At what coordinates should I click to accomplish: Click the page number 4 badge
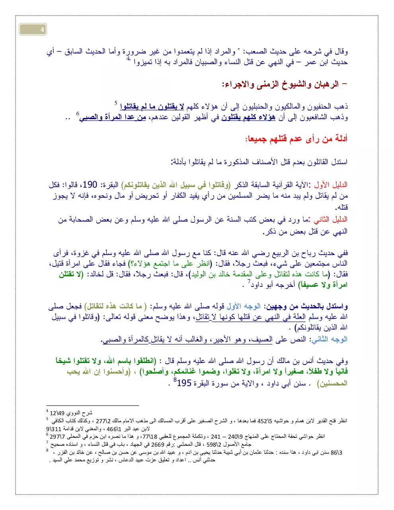(x=33, y=29)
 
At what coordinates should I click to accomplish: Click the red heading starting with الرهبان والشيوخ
(x=284, y=84)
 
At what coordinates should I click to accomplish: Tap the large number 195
(x=184, y=383)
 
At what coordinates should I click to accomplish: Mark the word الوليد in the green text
(x=199, y=275)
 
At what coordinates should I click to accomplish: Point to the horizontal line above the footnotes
(x=92, y=405)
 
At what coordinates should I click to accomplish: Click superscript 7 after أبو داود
(x=249, y=282)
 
